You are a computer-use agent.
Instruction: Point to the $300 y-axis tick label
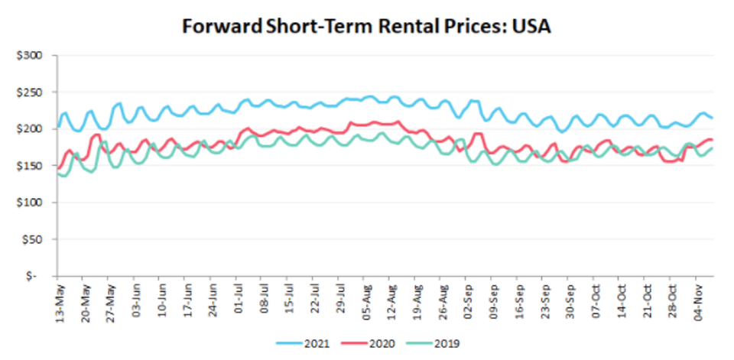pos(34,56)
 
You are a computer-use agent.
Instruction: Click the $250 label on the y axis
pos(34,92)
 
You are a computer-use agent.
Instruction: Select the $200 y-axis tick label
pos(34,129)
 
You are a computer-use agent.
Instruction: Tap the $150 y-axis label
pos(34,166)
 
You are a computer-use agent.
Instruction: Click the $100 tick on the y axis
pos(34,203)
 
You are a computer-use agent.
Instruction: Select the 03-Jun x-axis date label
pos(136,301)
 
